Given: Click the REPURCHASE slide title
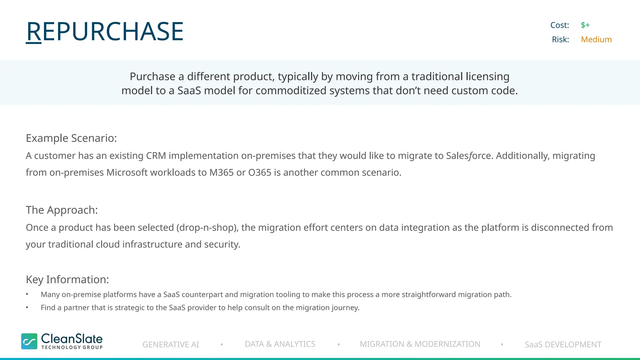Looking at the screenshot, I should click(105, 31).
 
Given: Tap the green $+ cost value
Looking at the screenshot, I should click(585, 25).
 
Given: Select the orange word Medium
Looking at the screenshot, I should click(596, 39).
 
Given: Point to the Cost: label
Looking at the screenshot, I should click(559, 25).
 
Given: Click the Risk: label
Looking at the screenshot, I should click(560, 39).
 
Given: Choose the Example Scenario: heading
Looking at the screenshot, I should click(71, 138).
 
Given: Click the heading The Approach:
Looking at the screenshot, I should click(62, 210).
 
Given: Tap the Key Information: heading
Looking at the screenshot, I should click(67, 279).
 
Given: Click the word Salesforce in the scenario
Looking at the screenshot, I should click(469, 156).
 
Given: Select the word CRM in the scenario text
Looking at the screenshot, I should click(156, 156).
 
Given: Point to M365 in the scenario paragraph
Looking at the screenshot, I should click(221, 172).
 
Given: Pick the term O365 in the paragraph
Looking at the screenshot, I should click(260, 172).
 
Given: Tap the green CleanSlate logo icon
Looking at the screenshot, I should click(29, 341).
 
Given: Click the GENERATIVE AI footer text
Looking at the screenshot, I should click(171, 344).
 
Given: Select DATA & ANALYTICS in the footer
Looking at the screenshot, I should click(280, 344).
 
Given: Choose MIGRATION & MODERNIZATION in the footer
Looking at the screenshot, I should click(420, 344).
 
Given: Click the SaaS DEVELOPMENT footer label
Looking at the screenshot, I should click(563, 344).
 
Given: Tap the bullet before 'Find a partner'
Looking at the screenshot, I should click(27, 307).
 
